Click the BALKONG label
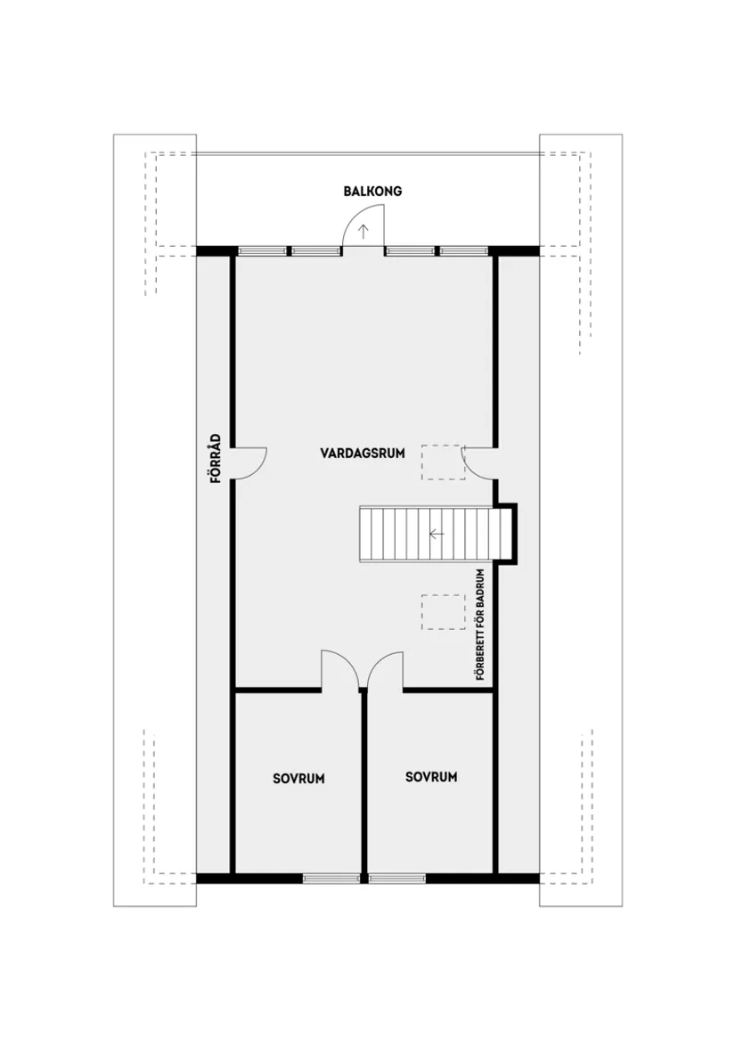coord(373,191)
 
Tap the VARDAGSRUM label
coord(363,453)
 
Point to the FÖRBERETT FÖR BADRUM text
coord(480,625)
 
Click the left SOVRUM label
coord(298,778)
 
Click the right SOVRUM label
coord(431,777)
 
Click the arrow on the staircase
coord(436,534)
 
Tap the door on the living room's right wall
coord(478,462)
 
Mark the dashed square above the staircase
coord(443,462)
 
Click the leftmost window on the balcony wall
coord(261,251)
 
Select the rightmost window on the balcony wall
coord(465,251)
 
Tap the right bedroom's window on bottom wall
coord(397,878)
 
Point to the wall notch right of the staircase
coord(508,534)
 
